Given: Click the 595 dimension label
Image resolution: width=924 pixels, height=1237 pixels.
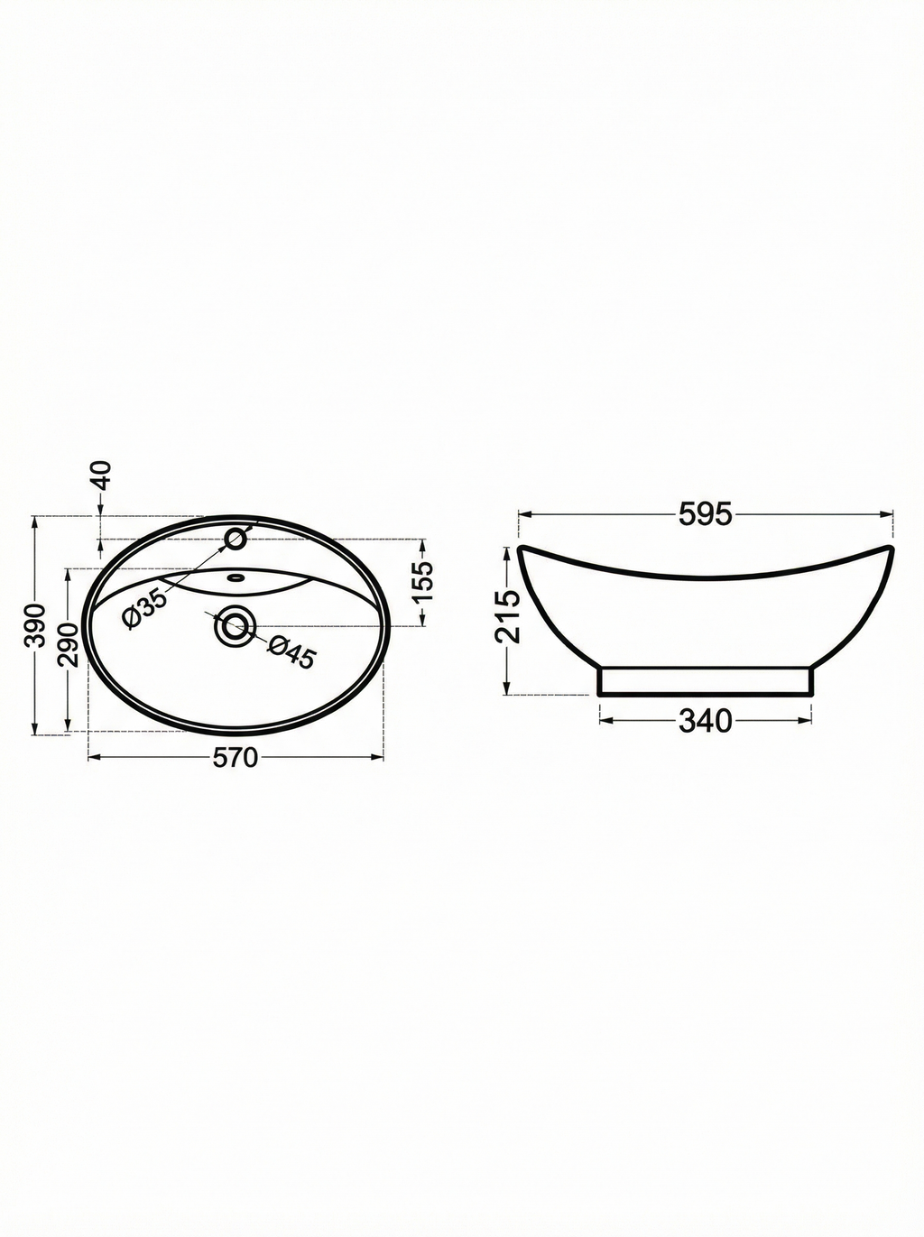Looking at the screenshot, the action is (705, 514).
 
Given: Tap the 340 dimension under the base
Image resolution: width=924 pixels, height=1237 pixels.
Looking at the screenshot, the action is (705, 721).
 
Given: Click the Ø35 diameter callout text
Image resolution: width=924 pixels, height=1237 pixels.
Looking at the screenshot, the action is (144, 608).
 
